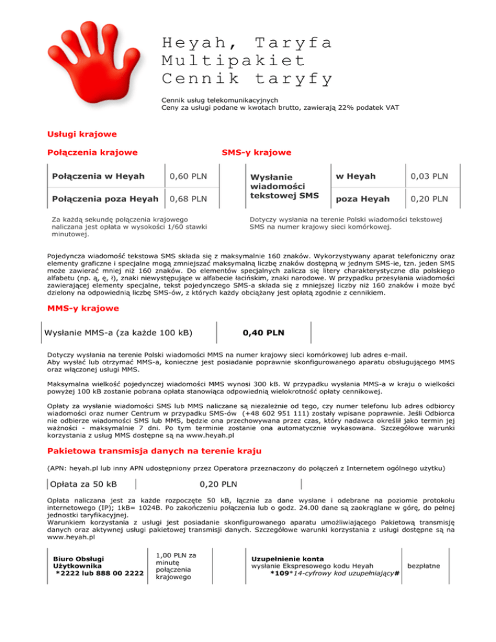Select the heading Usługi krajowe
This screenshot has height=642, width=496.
point(82,134)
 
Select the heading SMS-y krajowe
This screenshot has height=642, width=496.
point(256,153)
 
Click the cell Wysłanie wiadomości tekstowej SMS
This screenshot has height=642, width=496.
point(284,185)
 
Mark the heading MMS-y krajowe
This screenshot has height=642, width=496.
point(83,309)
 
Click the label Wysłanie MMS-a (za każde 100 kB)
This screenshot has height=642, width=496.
point(118,333)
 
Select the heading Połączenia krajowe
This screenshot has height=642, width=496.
point(92,153)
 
